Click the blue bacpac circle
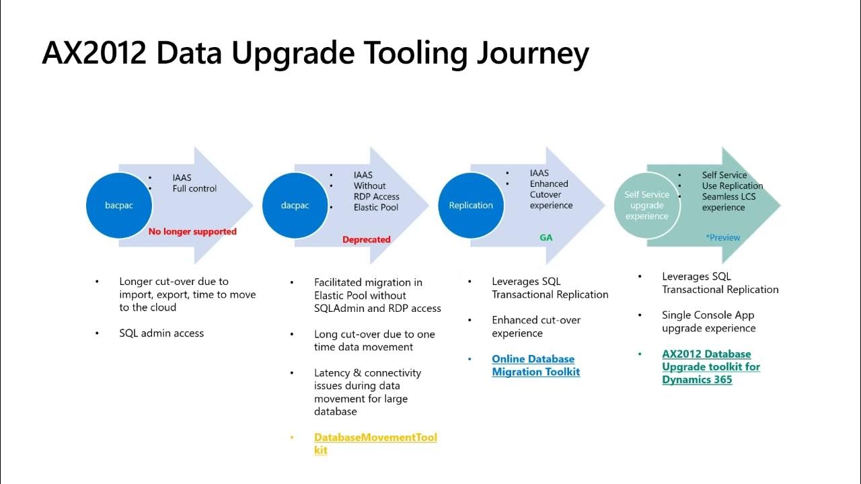coord(119,205)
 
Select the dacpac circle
coord(295,205)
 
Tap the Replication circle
coord(471,205)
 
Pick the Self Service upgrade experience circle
coord(646,205)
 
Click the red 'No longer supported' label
coord(192,231)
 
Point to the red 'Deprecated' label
coord(366,239)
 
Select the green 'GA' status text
coord(546,237)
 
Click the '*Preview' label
coord(722,237)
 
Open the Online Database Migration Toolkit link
coord(535,365)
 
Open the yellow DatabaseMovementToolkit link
coord(375,444)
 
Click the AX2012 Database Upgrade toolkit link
coord(711,366)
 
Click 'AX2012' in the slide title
coord(94,54)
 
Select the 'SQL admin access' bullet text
coord(161,333)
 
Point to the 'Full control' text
coord(194,188)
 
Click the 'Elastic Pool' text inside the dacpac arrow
coord(376,207)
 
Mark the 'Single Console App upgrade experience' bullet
coord(708,321)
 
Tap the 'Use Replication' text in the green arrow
coord(733,186)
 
